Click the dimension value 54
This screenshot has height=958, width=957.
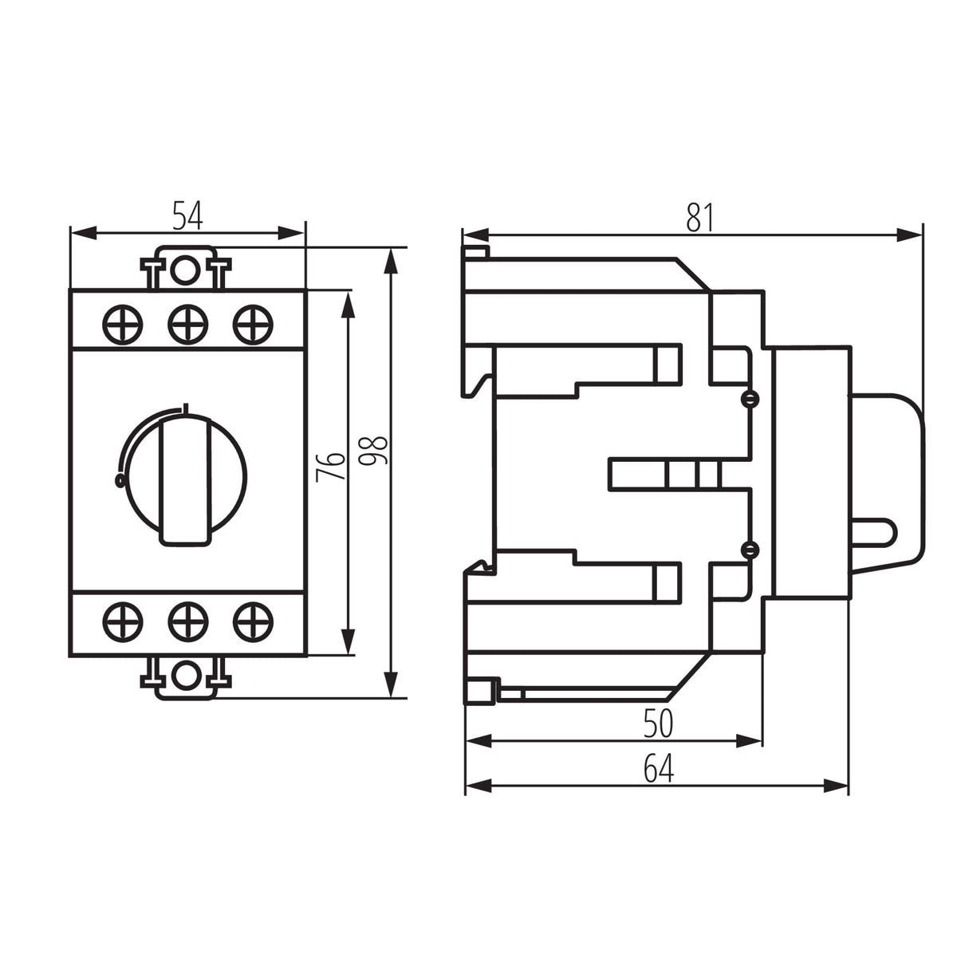click(188, 215)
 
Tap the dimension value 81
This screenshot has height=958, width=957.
click(700, 218)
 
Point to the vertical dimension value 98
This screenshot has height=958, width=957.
click(373, 451)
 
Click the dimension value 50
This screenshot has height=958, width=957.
click(659, 723)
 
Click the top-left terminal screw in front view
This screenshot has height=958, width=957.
click(123, 325)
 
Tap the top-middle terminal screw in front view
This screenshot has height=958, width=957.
click(188, 325)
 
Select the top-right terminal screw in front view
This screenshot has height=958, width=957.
click(253, 325)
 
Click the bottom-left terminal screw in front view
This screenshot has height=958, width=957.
click(123, 622)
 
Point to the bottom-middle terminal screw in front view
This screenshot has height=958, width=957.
click(188, 622)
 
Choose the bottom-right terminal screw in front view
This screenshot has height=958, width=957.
click(253, 622)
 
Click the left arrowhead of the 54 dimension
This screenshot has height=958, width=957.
click(84, 233)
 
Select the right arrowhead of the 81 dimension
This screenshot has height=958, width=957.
click(909, 235)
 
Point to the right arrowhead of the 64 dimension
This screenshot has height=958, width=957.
click(836, 786)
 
